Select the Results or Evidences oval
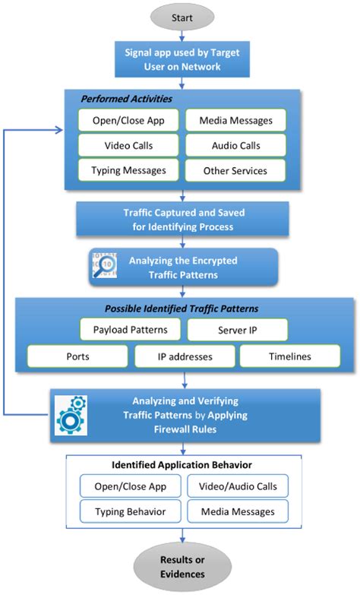pos(181,568)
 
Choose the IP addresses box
pos(185,356)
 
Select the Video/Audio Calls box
pos(239,486)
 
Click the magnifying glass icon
pos(103,267)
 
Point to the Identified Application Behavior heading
pos(180,464)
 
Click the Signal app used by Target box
pos(181,59)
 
